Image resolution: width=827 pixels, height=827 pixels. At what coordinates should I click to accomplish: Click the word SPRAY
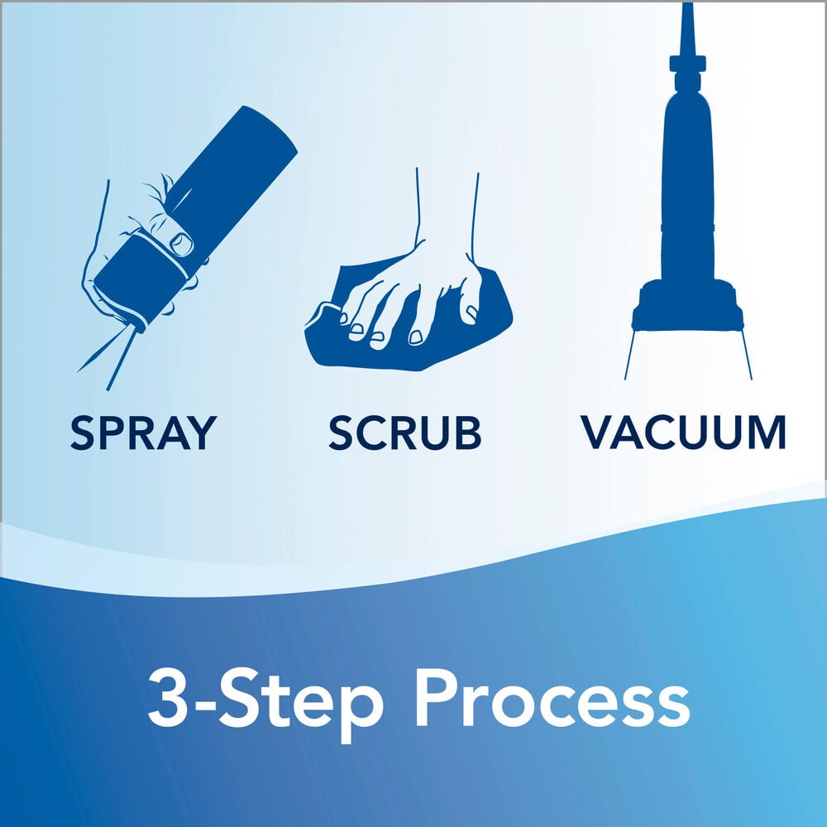(143, 433)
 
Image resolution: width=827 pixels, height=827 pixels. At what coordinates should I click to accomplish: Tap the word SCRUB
(404, 433)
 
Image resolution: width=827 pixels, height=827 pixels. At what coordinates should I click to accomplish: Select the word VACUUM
(683, 433)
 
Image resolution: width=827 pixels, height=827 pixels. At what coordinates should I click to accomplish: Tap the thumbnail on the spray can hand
(182, 242)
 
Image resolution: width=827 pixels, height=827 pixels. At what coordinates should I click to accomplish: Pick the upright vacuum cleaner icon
(686, 207)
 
